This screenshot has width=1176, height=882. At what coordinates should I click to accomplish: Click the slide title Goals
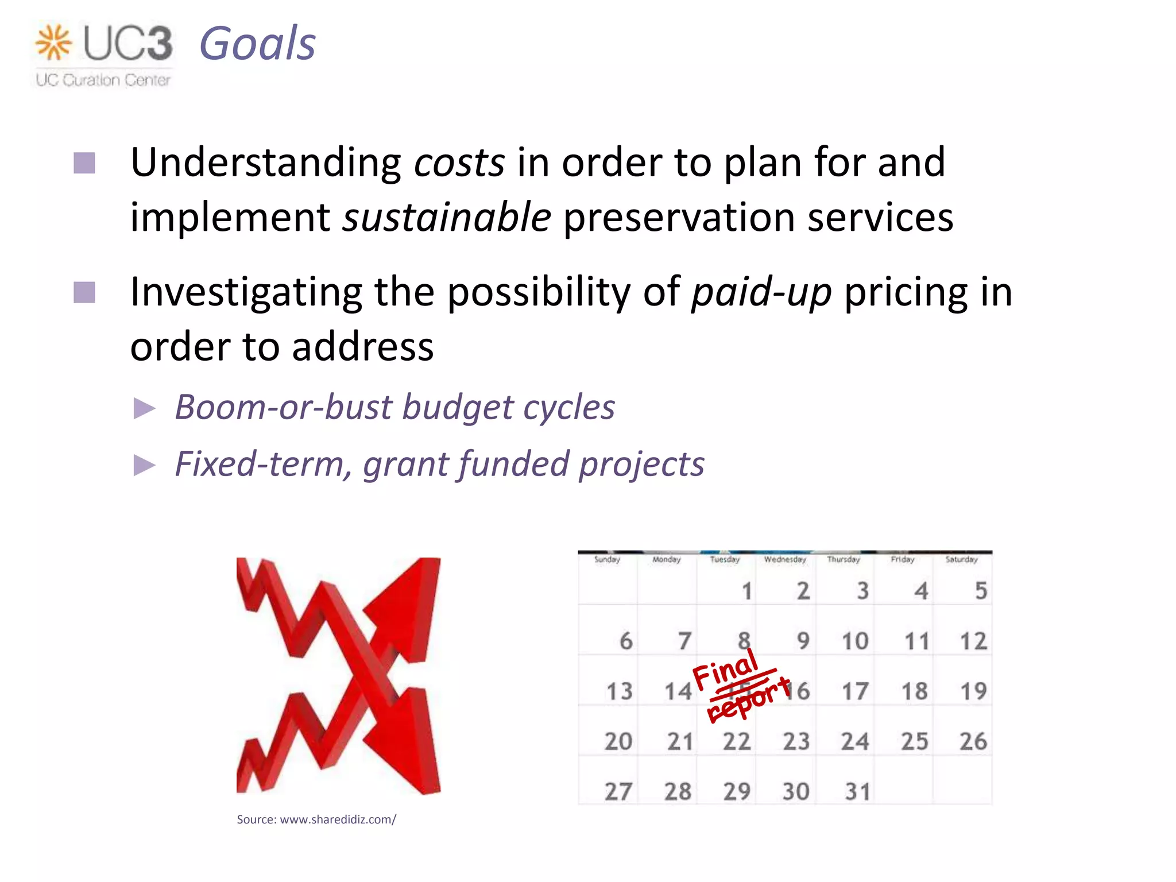257,44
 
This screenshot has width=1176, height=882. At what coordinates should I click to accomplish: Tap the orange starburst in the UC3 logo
53,42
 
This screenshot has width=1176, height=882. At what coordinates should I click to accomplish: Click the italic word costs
459,163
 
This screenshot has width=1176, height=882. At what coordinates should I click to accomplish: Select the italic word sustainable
447,218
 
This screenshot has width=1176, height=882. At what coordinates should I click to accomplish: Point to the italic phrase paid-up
761,292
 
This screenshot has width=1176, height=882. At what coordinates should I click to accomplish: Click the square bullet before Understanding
84,163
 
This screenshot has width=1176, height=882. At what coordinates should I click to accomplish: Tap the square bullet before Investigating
84,292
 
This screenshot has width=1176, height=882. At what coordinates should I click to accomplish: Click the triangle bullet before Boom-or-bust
144,409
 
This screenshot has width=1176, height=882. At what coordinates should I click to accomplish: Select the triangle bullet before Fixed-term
144,465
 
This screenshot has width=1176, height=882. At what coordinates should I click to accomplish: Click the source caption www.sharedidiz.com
316,819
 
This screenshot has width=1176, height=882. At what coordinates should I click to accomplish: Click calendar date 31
857,792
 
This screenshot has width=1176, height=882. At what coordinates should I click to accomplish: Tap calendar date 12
973,641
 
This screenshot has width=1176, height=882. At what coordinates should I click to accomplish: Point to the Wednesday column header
785,559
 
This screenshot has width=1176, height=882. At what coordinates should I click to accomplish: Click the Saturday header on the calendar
961,559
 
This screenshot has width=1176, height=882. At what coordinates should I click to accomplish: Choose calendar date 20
618,741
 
